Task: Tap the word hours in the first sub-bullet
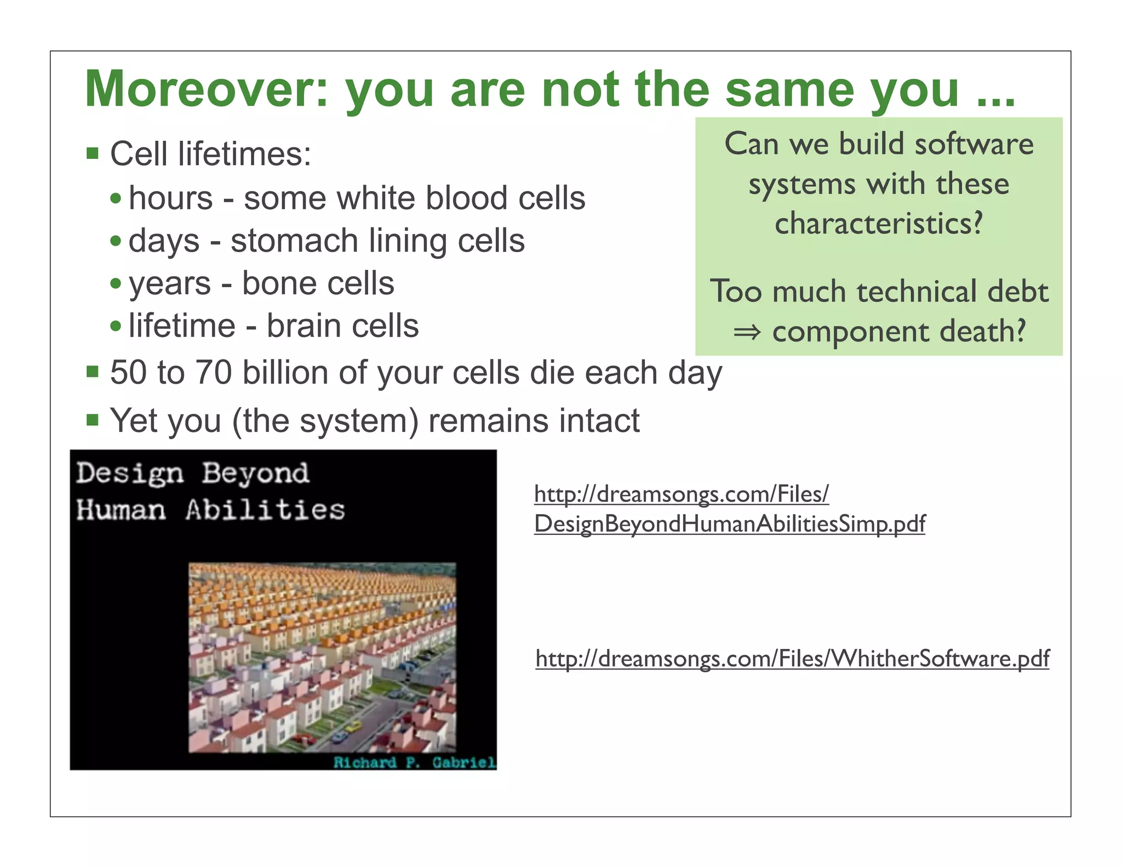tap(170, 198)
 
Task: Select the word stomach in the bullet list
tap(294, 241)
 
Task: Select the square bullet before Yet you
tap(93, 420)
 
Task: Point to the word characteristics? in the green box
tap(879, 224)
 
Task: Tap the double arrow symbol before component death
tap(747, 332)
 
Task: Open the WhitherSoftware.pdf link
tap(792, 658)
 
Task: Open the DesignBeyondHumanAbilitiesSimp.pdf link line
tap(729, 524)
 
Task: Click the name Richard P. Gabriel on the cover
tap(414, 762)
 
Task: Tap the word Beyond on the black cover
tap(255, 474)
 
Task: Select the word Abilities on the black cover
tap(265, 510)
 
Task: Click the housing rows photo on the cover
tap(322, 658)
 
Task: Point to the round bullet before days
tap(116, 241)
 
